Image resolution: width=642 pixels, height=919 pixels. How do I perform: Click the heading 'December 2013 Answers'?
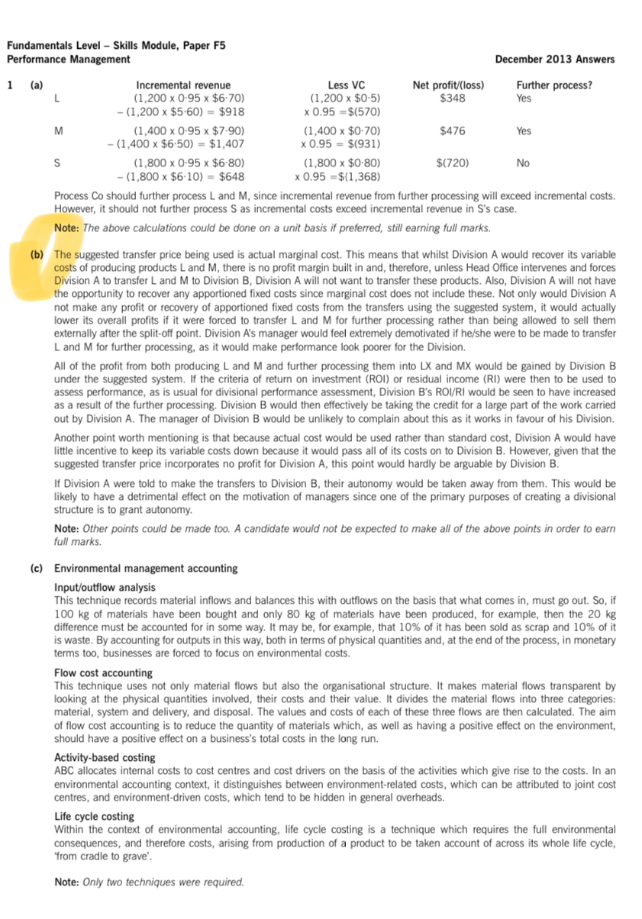click(x=554, y=60)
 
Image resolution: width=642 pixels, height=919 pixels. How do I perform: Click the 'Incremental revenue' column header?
click(x=182, y=85)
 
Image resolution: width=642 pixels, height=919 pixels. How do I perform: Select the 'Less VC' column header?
click(x=345, y=85)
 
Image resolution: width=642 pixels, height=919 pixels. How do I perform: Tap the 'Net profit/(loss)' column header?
click(x=448, y=85)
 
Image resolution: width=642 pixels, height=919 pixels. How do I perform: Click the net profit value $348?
click(x=453, y=98)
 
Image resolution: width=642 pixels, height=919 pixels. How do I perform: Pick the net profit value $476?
click(x=453, y=131)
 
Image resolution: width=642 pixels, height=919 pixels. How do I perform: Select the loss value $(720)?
click(x=452, y=163)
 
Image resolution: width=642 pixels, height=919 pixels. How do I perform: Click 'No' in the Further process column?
click(x=523, y=163)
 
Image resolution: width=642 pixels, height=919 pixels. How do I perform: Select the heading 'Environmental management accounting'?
click(x=146, y=569)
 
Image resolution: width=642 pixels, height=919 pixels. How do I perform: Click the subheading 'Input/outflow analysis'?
click(x=105, y=588)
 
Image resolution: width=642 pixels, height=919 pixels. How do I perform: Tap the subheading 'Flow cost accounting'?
click(x=103, y=673)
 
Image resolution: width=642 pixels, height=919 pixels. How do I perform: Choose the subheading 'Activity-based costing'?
click(x=105, y=758)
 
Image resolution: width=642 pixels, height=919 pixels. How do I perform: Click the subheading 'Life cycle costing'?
click(x=94, y=817)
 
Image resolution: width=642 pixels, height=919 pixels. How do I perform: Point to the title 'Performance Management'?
click(x=69, y=60)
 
